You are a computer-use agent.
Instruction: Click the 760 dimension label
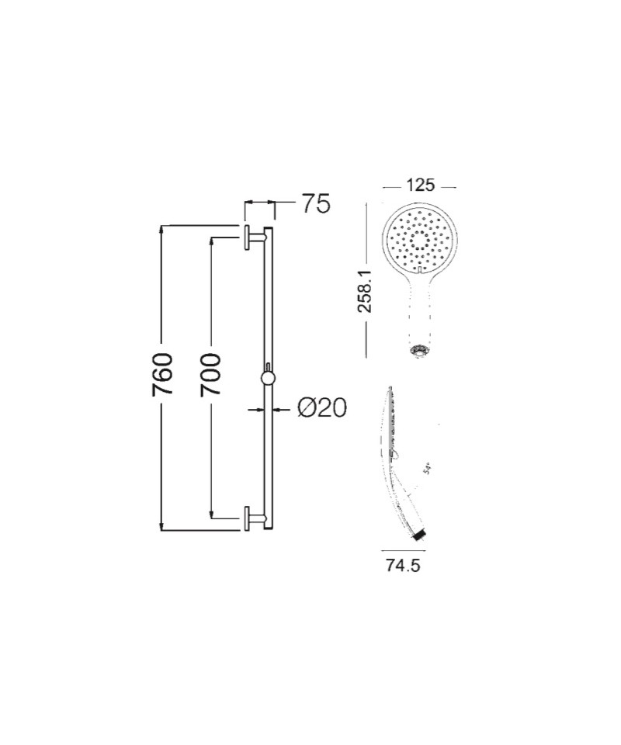click(161, 374)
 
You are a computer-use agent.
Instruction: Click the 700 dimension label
click(210, 374)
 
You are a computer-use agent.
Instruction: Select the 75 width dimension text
click(314, 204)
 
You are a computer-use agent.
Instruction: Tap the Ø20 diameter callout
click(322, 407)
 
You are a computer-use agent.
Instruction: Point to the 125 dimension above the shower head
click(420, 185)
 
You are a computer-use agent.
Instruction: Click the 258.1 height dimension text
click(365, 292)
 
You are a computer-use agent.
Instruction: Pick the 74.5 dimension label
click(403, 566)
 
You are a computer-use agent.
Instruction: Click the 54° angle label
click(426, 470)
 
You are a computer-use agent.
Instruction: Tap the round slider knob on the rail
click(268, 378)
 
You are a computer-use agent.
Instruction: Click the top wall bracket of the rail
click(254, 237)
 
